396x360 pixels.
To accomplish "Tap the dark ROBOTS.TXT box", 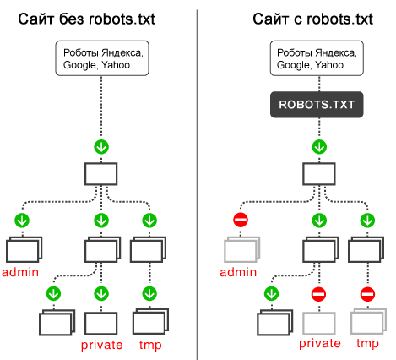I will [x=317, y=106].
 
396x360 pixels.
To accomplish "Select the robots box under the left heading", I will [x=102, y=57].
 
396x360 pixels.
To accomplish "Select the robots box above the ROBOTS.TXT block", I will [x=317, y=57].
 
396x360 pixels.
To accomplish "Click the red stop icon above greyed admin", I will [x=239, y=221].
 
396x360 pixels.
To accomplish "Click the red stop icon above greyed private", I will [x=318, y=294].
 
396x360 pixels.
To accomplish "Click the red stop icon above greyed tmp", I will [x=367, y=294].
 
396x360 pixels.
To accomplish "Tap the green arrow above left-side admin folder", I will [x=22, y=221].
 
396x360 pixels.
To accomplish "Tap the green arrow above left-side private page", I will [x=102, y=294].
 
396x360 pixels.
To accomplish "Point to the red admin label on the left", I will [x=21, y=272].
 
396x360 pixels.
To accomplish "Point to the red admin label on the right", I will [x=239, y=272].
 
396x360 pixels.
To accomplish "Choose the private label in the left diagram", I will [x=102, y=345].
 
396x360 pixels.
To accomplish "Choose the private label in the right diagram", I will [x=319, y=344].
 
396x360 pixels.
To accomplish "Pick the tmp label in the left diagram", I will [x=150, y=345].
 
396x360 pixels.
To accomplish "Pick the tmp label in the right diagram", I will [x=367, y=344].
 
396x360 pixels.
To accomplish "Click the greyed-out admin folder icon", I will [x=240, y=251].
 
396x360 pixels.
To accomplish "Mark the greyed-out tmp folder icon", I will [x=367, y=323].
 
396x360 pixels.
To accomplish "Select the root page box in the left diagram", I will [x=102, y=174].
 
